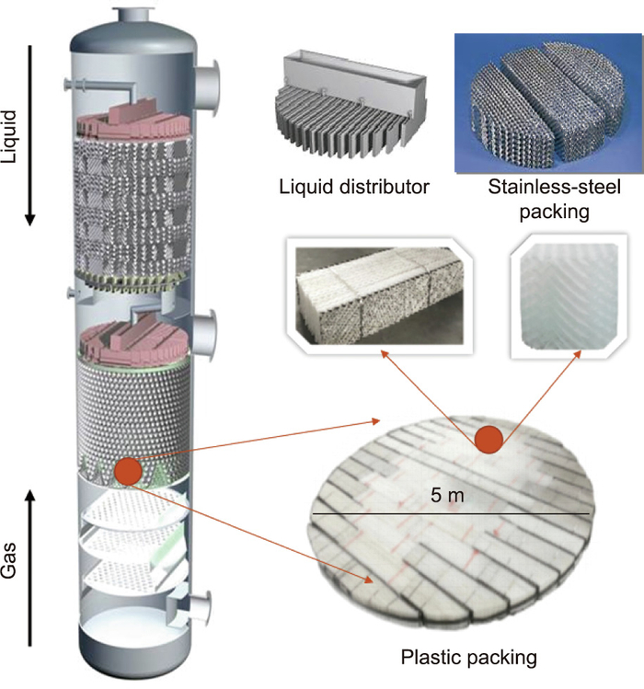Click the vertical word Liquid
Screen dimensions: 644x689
(x=10, y=136)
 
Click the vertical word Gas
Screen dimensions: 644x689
(x=10, y=559)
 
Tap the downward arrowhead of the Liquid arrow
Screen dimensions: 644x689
(x=29, y=219)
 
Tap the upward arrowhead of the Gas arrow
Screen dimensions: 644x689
(x=29, y=496)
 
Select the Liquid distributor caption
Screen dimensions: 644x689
(x=354, y=187)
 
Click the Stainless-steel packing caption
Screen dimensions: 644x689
(x=555, y=199)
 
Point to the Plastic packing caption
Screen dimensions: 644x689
(x=469, y=658)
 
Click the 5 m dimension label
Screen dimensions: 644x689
(x=447, y=496)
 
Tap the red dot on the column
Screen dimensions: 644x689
(x=128, y=471)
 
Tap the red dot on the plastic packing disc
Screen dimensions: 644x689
(x=489, y=440)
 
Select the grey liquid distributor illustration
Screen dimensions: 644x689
(x=351, y=105)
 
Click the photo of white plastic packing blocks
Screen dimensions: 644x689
(x=379, y=295)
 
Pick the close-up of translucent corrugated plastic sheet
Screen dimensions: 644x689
(x=569, y=295)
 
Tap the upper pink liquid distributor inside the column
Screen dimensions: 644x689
(x=132, y=120)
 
